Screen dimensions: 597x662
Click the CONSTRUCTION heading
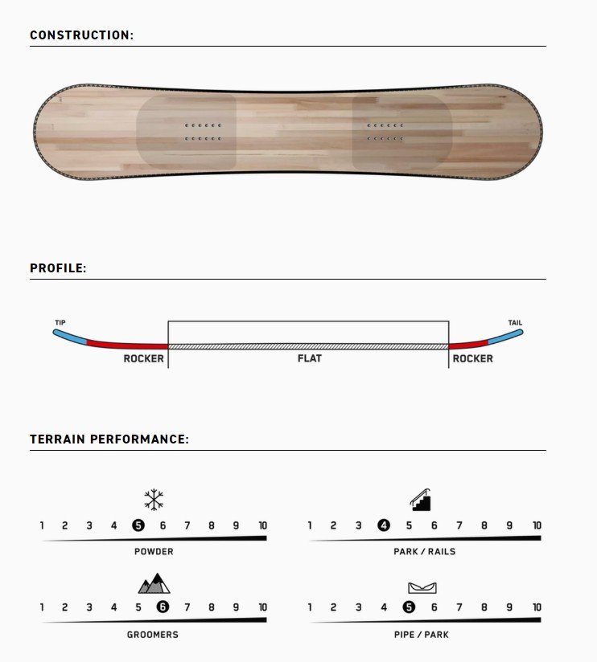[x=81, y=35]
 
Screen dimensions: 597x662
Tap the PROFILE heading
[x=58, y=268]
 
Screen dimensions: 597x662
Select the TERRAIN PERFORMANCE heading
[x=109, y=439]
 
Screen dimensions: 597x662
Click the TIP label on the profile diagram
[x=60, y=322]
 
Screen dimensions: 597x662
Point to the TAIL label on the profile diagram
[x=515, y=322]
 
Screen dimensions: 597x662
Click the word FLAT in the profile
[x=310, y=358]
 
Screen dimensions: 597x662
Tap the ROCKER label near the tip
[x=143, y=358]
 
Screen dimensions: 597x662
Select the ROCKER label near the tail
[x=473, y=358]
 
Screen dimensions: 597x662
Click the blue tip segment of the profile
[x=70, y=337]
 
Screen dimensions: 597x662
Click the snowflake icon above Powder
[x=154, y=500]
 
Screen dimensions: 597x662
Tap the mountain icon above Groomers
[x=154, y=583]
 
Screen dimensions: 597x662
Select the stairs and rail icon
[x=420, y=500]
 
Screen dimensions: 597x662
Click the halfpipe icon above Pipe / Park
[x=422, y=587]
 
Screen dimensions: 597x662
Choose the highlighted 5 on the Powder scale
[x=138, y=525]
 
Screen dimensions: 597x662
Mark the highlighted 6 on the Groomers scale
[x=163, y=607]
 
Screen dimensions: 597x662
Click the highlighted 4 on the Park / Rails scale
[x=384, y=525]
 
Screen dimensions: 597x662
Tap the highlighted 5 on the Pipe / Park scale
[x=409, y=607]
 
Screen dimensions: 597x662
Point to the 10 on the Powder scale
[x=262, y=525]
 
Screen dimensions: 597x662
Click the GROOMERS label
[x=153, y=634]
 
